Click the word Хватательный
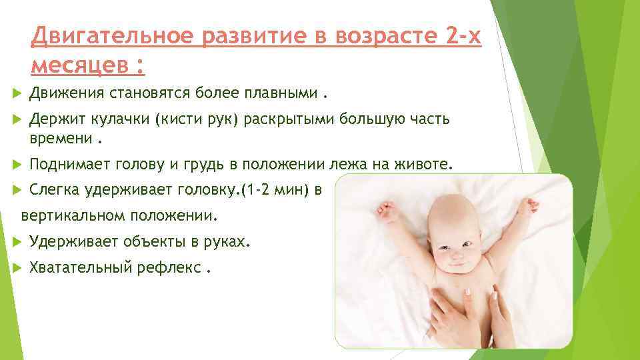click(87, 268)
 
